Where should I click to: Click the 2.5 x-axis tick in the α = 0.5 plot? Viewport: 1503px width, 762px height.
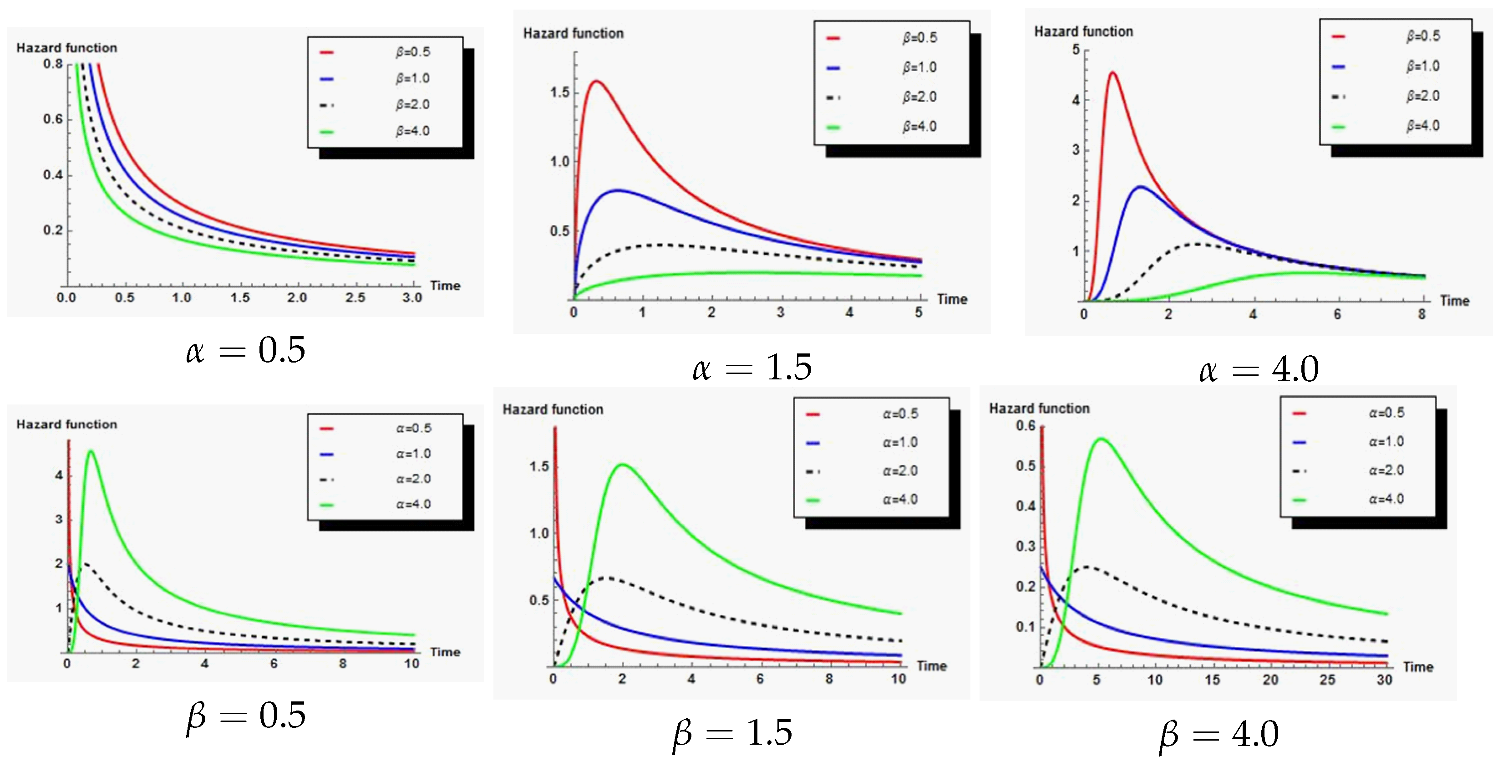pos(355,297)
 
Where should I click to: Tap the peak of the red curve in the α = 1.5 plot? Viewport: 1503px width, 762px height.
pos(596,81)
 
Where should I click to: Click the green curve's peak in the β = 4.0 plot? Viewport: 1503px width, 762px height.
pos(1101,439)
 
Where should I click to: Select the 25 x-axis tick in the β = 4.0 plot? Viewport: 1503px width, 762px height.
pos(1327,679)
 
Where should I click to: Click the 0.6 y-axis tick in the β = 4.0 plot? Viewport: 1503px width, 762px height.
pos(1025,426)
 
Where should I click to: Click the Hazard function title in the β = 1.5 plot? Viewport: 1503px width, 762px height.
pos(553,409)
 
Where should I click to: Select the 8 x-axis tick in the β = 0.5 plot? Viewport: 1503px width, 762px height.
pos(342,663)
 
